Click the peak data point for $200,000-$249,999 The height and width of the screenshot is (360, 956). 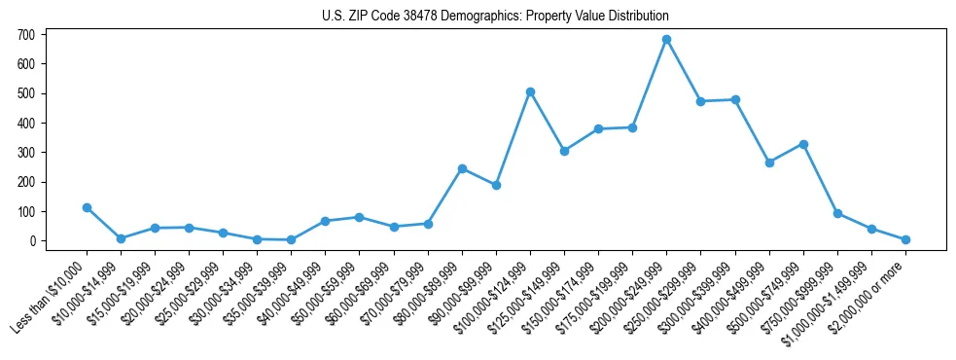(666, 40)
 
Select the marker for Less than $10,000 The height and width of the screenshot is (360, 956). (87, 207)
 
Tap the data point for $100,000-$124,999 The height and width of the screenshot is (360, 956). (530, 92)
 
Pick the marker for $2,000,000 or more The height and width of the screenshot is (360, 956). (905, 239)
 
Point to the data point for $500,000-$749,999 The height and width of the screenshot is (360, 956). (803, 144)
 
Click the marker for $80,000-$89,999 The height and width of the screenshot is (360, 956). (462, 168)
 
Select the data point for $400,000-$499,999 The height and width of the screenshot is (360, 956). (769, 162)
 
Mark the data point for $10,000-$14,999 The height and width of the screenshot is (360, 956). (121, 238)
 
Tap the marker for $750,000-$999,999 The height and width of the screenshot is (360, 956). (837, 213)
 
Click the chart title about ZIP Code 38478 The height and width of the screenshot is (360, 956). (495, 17)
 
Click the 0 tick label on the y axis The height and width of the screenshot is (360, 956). (32, 241)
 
